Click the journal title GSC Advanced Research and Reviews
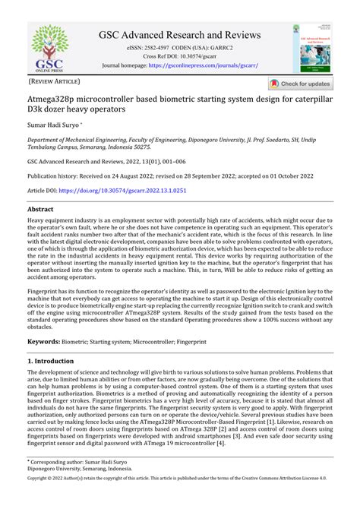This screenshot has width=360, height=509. [179, 35]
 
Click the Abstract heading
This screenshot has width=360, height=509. [40, 208]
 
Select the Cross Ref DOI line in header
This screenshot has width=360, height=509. [179, 57]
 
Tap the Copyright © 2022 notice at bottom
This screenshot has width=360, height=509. [179, 501]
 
